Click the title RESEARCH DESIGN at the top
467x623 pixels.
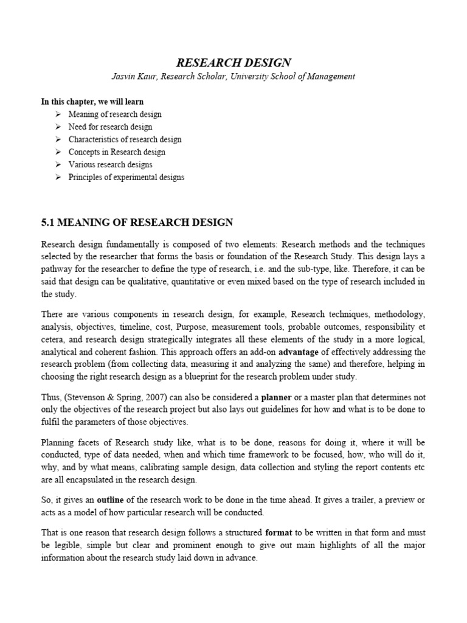click(x=233, y=62)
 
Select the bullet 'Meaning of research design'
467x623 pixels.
click(x=115, y=114)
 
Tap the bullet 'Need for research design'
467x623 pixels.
click(x=110, y=127)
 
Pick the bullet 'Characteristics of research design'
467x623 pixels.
click(x=125, y=139)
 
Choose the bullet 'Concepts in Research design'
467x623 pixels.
click(x=117, y=152)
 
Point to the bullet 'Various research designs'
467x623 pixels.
click(x=110, y=164)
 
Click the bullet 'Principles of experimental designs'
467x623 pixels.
click(x=126, y=177)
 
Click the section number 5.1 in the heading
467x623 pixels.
click(x=48, y=223)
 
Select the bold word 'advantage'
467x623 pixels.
click(x=299, y=352)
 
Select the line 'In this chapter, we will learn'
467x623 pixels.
click(x=92, y=101)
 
